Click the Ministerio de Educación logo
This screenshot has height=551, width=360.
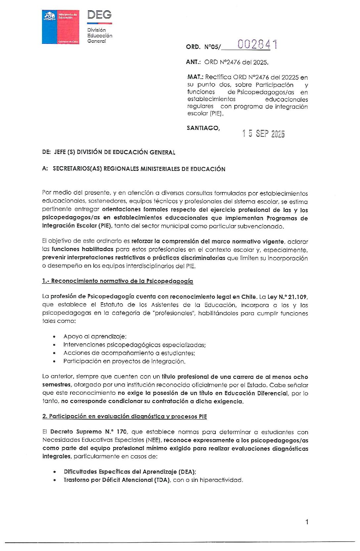(61, 27)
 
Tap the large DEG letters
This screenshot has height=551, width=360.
(99, 15)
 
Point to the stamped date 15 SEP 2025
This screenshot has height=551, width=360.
(263, 133)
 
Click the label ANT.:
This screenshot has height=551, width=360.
(194, 62)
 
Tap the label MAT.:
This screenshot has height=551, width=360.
(195, 77)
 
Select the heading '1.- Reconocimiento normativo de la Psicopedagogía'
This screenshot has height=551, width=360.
(117, 281)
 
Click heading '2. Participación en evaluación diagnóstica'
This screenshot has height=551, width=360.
(124, 417)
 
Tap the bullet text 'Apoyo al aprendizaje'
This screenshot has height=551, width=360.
(95, 336)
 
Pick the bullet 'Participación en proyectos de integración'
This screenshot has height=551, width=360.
(124, 361)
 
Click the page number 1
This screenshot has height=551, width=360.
(307, 522)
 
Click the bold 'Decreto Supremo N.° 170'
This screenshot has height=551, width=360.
(88, 432)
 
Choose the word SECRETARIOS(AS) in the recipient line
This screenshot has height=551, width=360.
(77, 169)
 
